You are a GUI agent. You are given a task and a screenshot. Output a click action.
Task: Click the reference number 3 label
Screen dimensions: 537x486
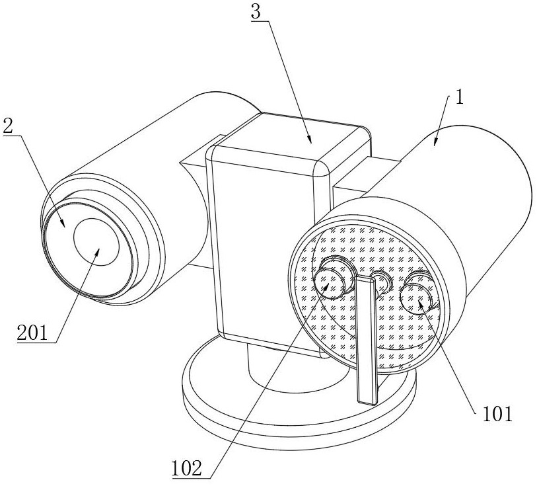(256, 12)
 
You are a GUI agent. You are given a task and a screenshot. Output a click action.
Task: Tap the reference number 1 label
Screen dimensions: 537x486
(459, 98)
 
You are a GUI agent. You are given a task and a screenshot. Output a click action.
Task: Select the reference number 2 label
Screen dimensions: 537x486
(8, 126)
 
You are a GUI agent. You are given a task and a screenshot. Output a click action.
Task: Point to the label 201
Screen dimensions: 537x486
(33, 332)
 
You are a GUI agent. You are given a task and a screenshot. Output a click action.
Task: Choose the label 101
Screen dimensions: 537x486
(497, 414)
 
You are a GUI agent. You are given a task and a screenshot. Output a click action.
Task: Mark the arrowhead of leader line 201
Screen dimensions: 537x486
(98, 253)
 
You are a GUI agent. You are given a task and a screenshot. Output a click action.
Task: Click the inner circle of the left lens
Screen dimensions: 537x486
(96, 242)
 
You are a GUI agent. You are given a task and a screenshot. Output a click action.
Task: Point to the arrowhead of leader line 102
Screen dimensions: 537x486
(326, 286)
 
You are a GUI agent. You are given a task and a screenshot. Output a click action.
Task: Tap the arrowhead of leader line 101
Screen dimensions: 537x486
(420, 302)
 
